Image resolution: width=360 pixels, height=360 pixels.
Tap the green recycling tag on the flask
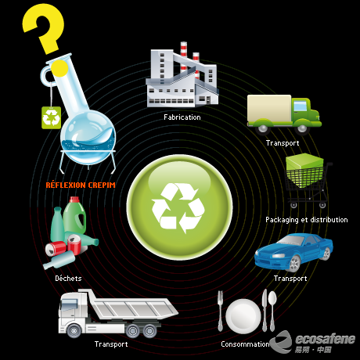coord(52,117)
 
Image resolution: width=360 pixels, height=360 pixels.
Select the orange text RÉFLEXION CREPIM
coord(81,185)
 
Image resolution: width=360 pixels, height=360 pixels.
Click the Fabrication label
coord(182,117)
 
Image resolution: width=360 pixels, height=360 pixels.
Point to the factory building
coord(182,75)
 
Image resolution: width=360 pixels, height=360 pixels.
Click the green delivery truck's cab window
coord(300,106)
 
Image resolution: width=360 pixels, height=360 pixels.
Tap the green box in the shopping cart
coord(304,170)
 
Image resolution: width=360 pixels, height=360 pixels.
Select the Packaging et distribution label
coord(307,220)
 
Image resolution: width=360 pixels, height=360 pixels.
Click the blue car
coord(293,252)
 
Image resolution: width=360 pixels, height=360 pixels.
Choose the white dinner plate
coord(243,316)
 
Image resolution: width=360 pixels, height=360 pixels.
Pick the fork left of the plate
coord(221,311)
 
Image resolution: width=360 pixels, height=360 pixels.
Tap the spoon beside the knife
coord(272,311)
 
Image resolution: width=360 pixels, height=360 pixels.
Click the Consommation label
coord(245,344)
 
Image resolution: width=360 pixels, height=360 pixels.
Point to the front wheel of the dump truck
coord(74,331)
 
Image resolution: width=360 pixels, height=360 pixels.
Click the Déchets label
coord(68,279)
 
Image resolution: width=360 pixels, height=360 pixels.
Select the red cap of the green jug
coord(74,200)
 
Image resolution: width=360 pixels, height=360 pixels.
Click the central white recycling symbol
coord(178,208)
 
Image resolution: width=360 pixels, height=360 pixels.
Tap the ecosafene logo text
coord(325,340)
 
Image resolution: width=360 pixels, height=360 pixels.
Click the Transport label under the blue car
coord(290,279)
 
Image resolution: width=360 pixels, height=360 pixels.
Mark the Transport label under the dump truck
coord(111,344)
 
